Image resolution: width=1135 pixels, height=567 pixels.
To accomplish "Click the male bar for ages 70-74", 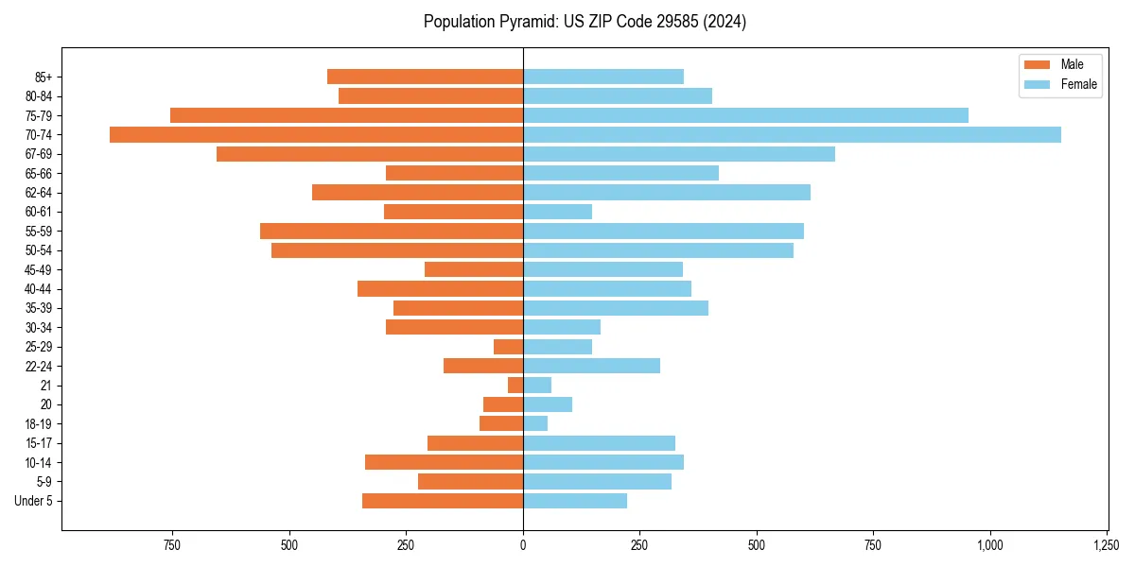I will click(x=316, y=134).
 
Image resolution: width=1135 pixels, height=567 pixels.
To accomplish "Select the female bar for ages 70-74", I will click(x=792, y=134).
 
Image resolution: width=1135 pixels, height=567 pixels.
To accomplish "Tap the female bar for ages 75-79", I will click(x=745, y=115).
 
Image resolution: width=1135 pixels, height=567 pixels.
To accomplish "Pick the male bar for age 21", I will click(x=515, y=385).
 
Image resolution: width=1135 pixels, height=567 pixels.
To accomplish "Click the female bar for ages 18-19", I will click(x=535, y=423).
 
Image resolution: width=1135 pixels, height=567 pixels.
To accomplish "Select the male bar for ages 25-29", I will click(x=509, y=347).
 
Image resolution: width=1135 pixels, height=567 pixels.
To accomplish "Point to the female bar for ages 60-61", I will click(x=557, y=212).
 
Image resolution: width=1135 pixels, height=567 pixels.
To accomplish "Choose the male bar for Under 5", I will click(x=443, y=501).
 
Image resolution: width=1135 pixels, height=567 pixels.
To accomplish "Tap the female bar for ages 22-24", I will click(x=591, y=366).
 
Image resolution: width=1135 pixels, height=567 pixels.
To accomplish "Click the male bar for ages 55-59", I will click(x=392, y=231).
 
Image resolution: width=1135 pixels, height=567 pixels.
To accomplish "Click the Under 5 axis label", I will click(x=34, y=501).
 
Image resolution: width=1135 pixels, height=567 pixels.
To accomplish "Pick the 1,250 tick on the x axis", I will click(x=1107, y=545).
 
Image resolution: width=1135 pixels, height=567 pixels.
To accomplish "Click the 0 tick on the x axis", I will click(x=523, y=545).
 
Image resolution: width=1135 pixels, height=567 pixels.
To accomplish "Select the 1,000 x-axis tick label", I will click(x=990, y=545).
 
